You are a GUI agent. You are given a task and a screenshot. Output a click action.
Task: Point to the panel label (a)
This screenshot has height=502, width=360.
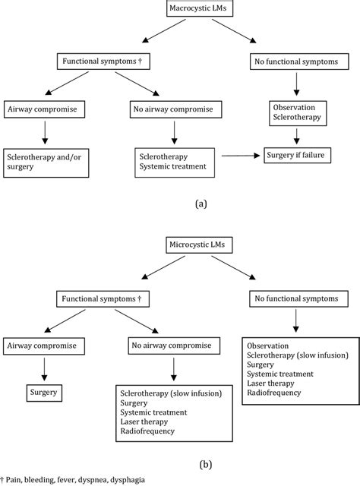200,203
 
